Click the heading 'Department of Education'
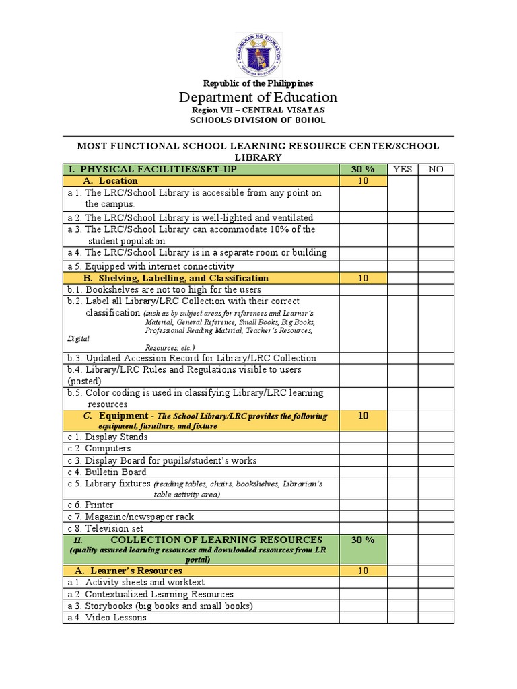pyautogui.click(x=258, y=97)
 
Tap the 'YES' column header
pyautogui.click(x=402, y=169)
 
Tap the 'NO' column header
pyautogui.click(x=436, y=169)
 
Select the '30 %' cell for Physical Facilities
pyautogui.click(x=362, y=169)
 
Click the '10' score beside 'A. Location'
pyautogui.click(x=362, y=181)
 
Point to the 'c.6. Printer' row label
pyautogui.click(x=90, y=505)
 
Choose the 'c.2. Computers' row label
pyautogui.click(x=99, y=449)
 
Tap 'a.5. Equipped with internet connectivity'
pyautogui.click(x=150, y=266)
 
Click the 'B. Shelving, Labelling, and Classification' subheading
pyautogui.click(x=176, y=278)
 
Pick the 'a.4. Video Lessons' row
pyautogui.click(x=106, y=617)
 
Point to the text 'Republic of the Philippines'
pyautogui.click(x=258, y=83)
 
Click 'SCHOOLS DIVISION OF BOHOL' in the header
pyautogui.click(x=258, y=120)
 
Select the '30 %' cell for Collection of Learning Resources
pyautogui.click(x=362, y=540)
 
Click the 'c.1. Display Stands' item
pyautogui.click(x=108, y=437)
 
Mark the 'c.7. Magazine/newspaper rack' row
pyautogui.click(x=131, y=517)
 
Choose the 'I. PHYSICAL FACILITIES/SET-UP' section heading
pyautogui.click(x=151, y=169)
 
